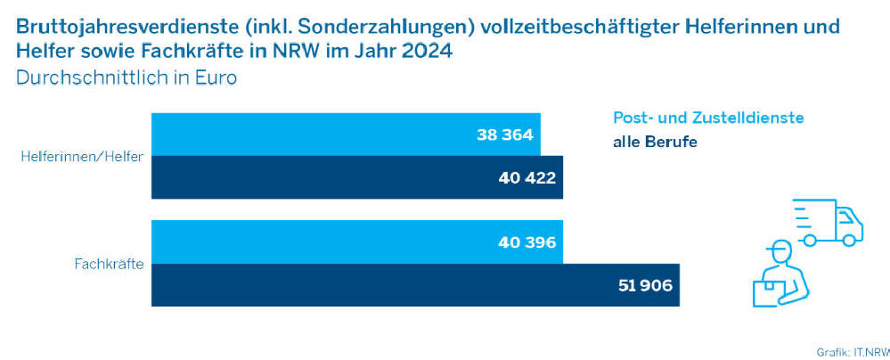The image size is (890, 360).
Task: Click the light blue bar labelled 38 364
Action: coord(346,135)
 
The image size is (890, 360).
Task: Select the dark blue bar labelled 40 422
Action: coord(357,177)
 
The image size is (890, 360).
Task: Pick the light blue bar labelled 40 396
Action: coord(357,241)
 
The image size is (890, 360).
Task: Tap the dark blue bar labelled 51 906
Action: coord(415,285)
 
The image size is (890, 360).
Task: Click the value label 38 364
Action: coord(505,135)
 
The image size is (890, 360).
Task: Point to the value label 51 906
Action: coord(644,285)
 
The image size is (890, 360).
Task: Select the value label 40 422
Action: coord(527,178)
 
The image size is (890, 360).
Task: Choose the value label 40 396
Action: coord(527,242)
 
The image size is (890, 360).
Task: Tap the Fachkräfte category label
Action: coord(109,264)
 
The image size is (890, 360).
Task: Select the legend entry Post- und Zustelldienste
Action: coord(708,119)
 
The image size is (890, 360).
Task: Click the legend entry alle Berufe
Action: coord(655,142)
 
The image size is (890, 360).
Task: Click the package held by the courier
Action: coord(766,293)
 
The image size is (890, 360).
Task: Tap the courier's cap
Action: coord(777,247)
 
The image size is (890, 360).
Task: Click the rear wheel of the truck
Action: coord(810,241)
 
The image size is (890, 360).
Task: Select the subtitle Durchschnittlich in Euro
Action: coord(126,78)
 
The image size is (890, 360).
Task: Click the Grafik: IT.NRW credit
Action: coord(853,351)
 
